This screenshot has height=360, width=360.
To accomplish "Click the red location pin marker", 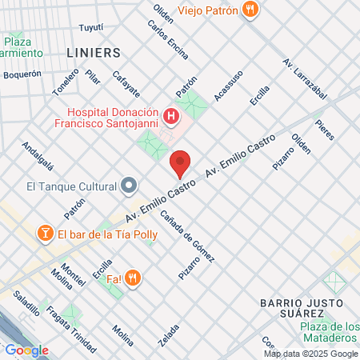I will click(181, 164).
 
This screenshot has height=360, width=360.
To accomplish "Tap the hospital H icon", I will click(170, 118).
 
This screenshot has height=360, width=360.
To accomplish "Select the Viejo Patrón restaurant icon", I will click(251, 10).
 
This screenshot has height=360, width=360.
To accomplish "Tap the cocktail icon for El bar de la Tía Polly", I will click(46, 234).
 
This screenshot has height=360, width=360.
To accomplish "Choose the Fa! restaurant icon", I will click(133, 278).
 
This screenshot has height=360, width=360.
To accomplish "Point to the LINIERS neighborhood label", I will click(94, 53).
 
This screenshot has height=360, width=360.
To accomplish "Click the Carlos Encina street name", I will click(168, 40).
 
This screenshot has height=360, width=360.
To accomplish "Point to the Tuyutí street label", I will click(92, 27).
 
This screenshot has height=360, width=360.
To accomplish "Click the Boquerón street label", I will click(22, 74).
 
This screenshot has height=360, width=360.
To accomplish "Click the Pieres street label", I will click(324, 130).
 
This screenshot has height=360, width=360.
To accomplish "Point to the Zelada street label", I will click(168, 334).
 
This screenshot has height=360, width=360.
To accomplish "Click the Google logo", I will click(26, 350).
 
